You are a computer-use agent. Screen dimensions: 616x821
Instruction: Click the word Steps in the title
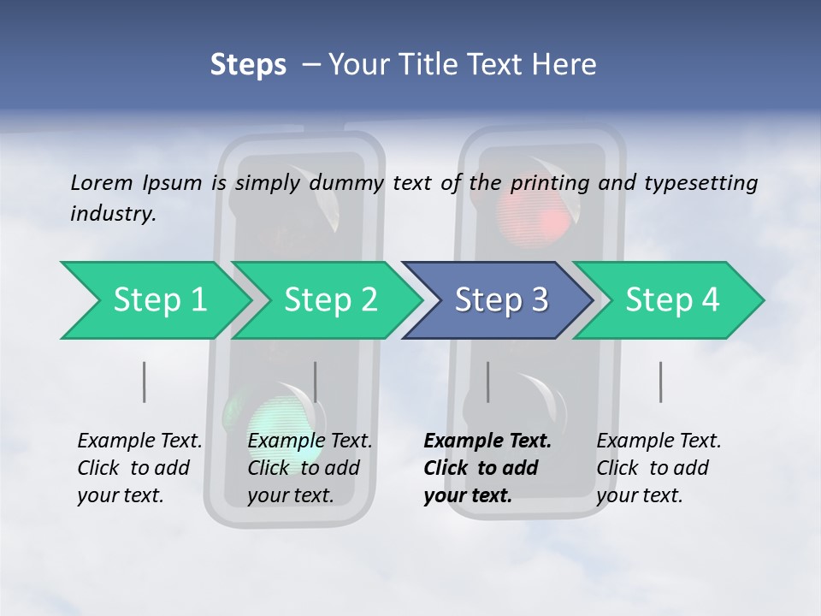(x=248, y=65)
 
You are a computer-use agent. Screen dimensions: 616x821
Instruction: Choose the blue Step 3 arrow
(x=501, y=299)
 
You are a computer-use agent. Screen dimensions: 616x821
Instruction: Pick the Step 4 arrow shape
(x=672, y=299)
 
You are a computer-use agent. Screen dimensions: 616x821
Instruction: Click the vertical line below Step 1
(x=145, y=382)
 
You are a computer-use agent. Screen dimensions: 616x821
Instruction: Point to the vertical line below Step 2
(x=316, y=382)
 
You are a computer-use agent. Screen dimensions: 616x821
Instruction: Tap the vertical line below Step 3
(x=488, y=382)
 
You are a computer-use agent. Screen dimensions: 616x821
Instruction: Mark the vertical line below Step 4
(x=661, y=382)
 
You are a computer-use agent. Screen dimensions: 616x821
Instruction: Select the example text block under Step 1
(x=139, y=468)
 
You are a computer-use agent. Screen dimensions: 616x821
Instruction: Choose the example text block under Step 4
(x=659, y=468)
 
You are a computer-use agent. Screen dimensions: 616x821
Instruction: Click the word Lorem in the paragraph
(x=102, y=182)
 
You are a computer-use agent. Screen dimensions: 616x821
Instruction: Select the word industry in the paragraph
(x=113, y=214)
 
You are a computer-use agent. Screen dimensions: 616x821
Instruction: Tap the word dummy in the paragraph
(x=346, y=183)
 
